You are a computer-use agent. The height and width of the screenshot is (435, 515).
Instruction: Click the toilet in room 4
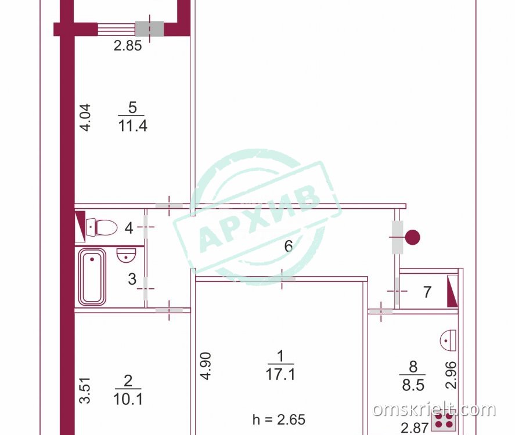coord(102,227)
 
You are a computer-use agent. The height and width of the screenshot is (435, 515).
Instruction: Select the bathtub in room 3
coord(92,277)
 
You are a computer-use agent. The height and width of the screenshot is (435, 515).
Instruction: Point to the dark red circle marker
coord(412,237)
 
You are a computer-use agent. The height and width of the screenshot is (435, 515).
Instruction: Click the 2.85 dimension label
coord(128,46)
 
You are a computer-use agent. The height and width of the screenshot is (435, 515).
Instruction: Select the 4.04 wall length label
coord(85,117)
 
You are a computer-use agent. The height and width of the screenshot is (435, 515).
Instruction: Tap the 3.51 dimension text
coord(85,390)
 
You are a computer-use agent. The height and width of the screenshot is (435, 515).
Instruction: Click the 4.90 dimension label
coord(206,366)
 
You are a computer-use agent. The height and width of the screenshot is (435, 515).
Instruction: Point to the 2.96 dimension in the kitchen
coord(451,375)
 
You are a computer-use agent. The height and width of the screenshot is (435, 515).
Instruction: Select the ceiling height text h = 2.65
coord(279,419)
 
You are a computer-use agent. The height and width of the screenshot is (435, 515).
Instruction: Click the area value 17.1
coord(280,374)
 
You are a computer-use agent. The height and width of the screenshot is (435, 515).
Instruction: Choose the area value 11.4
coord(132,125)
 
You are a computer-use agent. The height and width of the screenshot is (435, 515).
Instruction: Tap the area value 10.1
coord(128,399)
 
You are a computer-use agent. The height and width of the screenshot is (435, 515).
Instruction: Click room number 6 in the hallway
coord(289,246)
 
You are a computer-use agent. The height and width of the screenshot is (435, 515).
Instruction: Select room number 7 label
coord(427,292)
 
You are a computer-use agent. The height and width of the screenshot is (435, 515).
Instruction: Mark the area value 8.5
coord(413,385)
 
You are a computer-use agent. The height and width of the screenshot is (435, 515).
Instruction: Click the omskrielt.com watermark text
coord(434,409)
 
